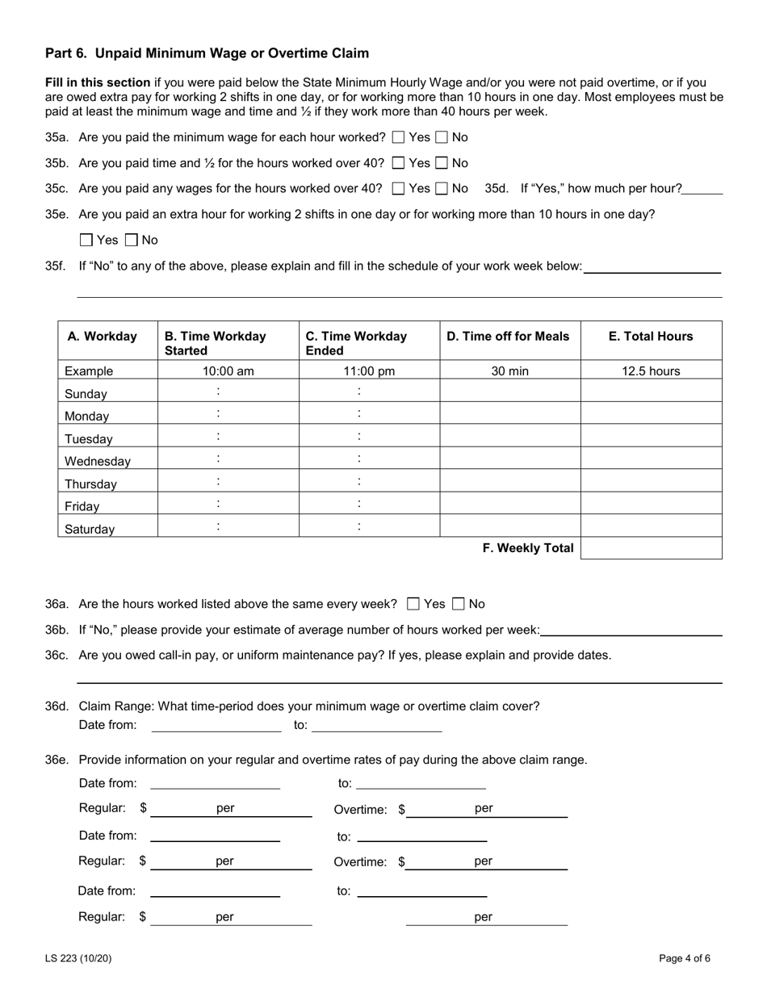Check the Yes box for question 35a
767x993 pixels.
[x=398, y=137]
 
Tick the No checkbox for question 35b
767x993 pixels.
[x=442, y=163]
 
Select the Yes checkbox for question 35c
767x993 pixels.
[x=398, y=189]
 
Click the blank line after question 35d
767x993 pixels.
[x=702, y=189]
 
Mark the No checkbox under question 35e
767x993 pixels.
[x=132, y=240]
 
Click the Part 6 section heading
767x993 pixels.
[x=207, y=53]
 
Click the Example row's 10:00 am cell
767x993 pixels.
[x=228, y=371]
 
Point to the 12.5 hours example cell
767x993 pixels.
[x=651, y=371]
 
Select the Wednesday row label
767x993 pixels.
[x=98, y=462]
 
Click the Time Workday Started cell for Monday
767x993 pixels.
[x=228, y=414]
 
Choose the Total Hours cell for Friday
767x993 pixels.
[x=651, y=504]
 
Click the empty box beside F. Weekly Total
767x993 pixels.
[x=651, y=548]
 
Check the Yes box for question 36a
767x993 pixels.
[x=413, y=604]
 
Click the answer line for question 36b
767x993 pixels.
[x=631, y=630]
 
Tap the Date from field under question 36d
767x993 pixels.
[x=216, y=725]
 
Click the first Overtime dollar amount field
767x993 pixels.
[x=440, y=810]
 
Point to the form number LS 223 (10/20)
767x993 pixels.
[x=78, y=959]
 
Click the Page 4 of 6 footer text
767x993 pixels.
[x=685, y=959]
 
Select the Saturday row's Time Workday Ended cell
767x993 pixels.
[x=369, y=526]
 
